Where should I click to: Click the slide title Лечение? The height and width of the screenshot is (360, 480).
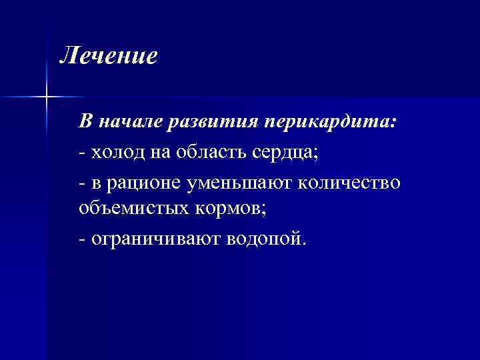(x=109, y=55)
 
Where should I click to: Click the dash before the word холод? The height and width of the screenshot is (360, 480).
(x=81, y=153)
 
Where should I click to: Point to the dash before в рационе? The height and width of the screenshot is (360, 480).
(x=81, y=183)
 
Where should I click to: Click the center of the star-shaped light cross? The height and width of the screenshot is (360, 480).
(x=46, y=97)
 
